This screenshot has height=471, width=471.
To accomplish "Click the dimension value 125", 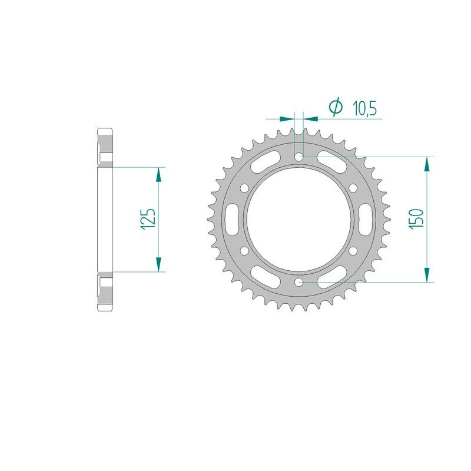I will tap(148, 219).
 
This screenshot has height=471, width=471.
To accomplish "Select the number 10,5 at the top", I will tap(364, 107).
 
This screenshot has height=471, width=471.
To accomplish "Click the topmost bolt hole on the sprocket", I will tap(299, 157).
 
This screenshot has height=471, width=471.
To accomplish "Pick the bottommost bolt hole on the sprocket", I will tap(299, 283).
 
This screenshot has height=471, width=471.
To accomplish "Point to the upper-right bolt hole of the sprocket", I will tap(353, 188).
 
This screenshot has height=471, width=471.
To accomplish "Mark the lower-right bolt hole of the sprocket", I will tap(353, 251).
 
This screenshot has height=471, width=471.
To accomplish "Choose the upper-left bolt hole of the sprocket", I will tap(245, 188).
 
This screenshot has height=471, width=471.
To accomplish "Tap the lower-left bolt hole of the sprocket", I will tap(245, 251).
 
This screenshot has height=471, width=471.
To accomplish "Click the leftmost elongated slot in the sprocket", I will tap(231, 220).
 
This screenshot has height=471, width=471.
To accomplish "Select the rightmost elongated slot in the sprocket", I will tap(367, 220).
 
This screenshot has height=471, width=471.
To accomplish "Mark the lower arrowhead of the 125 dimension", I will tap(158, 266).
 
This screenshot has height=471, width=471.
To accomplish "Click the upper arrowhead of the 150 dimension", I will tap(427, 164).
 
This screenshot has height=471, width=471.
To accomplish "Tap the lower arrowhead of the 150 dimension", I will tap(427, 275).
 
